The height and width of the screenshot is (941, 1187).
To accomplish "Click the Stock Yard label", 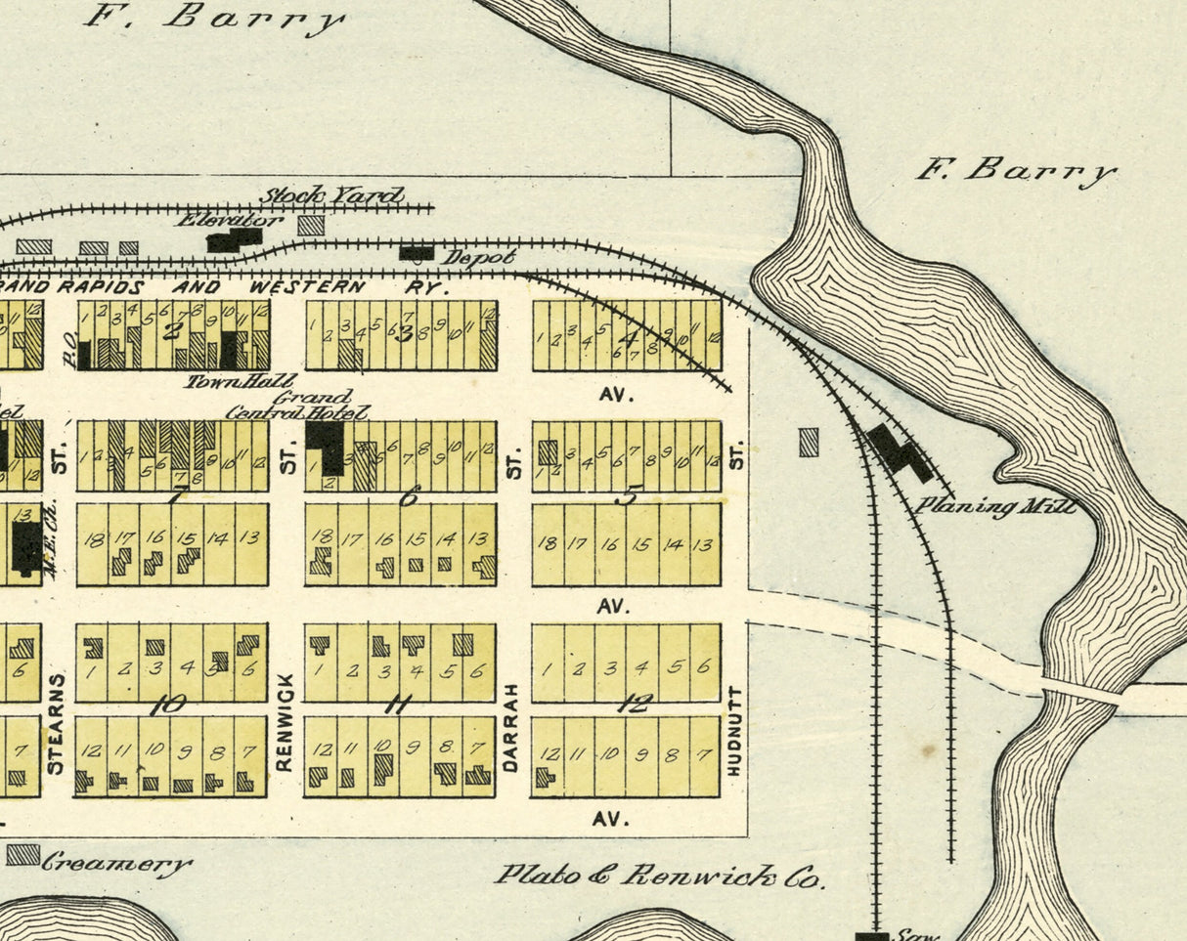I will (331, 195).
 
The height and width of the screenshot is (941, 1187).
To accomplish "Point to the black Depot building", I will (418, 253).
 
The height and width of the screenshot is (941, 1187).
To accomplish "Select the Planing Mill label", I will (995, 506).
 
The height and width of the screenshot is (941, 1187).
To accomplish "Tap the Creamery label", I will (116, 864).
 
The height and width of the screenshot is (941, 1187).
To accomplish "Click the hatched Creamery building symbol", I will (22, 855).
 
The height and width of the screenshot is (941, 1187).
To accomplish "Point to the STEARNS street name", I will (56, 723).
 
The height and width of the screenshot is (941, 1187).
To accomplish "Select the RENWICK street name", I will (285, 723).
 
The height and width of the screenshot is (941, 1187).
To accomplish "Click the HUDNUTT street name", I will (735, 731).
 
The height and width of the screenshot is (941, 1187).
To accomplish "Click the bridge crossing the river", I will (1079, 691).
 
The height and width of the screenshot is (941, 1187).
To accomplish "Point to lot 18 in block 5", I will (548, 544).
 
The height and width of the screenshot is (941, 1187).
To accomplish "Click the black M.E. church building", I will (26, 545).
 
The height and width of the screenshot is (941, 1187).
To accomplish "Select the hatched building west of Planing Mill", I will (809, 443).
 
